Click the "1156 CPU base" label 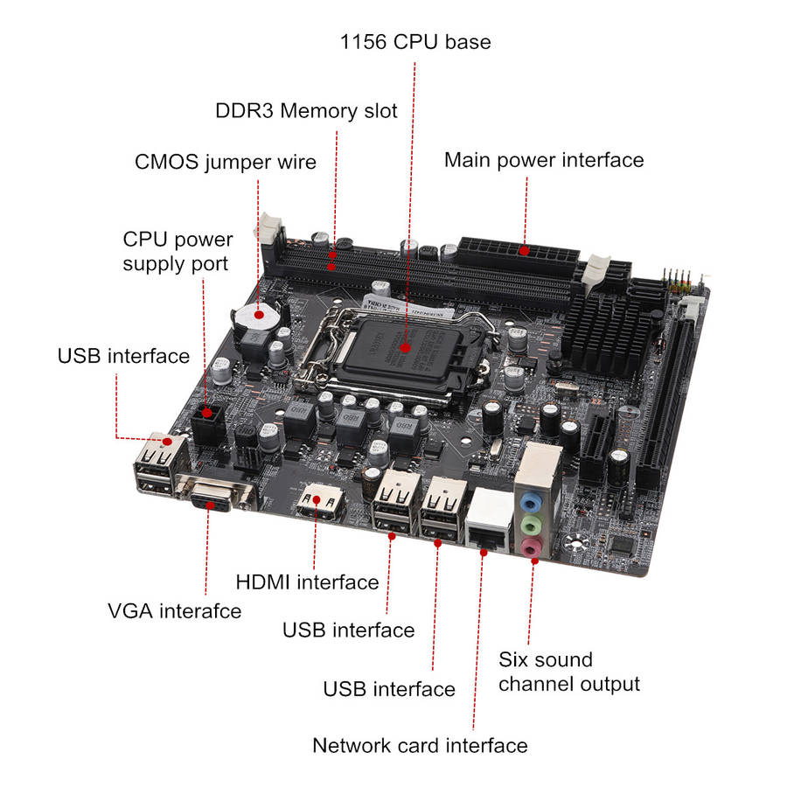pyautogui.click(x=415, y=42)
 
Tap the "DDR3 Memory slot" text pyautogui.click(x=306, y=111)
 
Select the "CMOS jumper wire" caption pyautogui.click(x=226, y=163)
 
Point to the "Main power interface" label pyautogui.click(x=544, y=161)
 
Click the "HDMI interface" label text pyautogui.click(x=307, y=582)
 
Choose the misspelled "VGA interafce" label pyautogui.click(x=174, y=611)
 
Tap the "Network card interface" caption pyautogui.click(x=420, y=745)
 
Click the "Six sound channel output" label pyautogui.click(x=569, y=672)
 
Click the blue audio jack pyautogui.click(x=531, y=502)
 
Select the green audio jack pyautogui.click(x=531, y=526)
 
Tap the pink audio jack pyautogui.click(x=531, y=547)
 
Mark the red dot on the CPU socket pyautogui.click(x=406, y=347)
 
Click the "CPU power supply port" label pyautogui.click(x=178, y=252)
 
